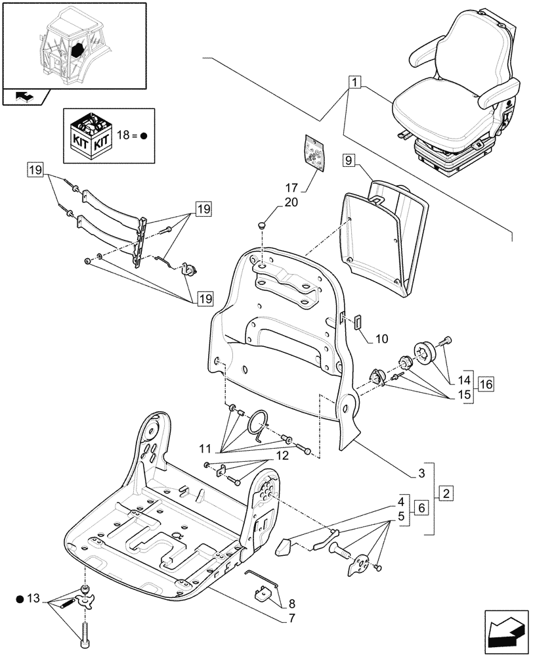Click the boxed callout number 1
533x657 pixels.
pos(354,83)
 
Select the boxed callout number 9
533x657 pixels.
pos(349,160)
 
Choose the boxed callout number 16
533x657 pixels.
pos(486,384)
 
